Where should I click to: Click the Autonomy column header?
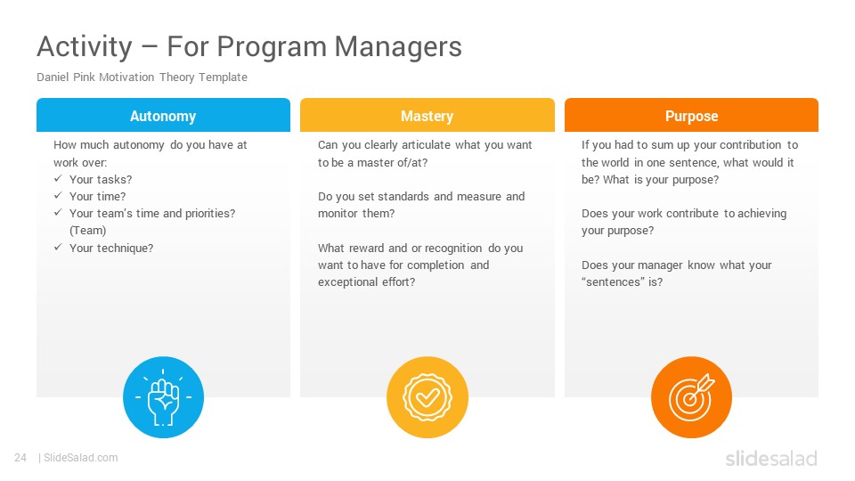pos(163,116)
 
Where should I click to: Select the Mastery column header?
pos(427,116)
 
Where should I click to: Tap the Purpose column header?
pos(691,116)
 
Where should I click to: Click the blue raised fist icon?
pos(163,397)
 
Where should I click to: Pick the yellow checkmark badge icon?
pos(427,397)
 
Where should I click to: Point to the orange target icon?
pos(691,397)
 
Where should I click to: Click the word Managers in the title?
pos(398,46)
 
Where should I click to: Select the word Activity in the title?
pos(85,47)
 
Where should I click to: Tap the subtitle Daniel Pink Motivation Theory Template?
pos(142,77)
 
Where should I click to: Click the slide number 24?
pos(20,458)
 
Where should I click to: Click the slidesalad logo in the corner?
pos(771,458)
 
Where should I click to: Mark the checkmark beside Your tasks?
pos(58,178)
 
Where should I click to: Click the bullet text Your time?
pos(98,196)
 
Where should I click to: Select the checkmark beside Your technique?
pos(58,247)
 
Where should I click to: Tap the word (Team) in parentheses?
pos(88,231)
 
